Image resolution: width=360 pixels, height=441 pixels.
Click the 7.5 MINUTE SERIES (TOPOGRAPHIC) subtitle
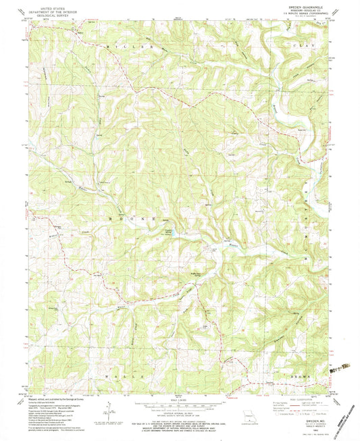309,14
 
